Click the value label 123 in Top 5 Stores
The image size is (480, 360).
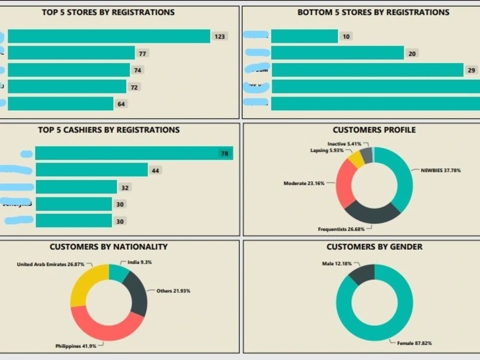click(x=219, y=36)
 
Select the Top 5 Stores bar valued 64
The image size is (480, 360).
click(x=60, y=104)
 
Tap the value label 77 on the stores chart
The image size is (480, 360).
click(x=142, y=53)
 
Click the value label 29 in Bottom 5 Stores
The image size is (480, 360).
click(x=471, y=70)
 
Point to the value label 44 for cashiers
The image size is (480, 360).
click(x=155, y=170)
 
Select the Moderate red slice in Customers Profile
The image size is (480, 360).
click(x=344, y=182)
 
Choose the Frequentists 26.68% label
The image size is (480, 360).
click(x=341, y=229)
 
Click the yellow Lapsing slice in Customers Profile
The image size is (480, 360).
click(x=356, y=159)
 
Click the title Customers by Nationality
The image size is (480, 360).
click(x=108, y=247)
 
